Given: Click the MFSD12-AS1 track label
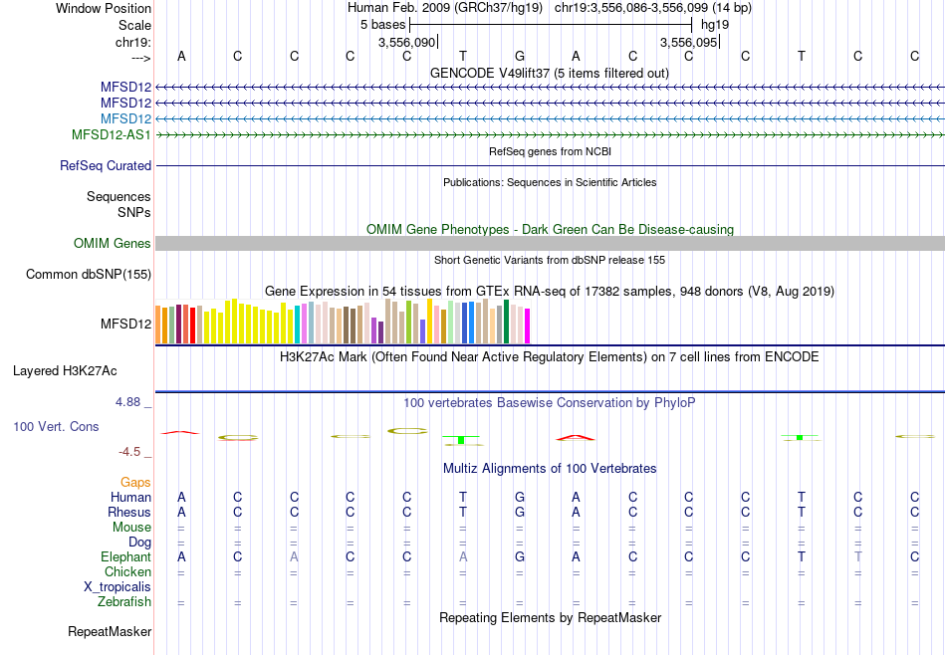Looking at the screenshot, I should pyautogui.click(x=112, y=134).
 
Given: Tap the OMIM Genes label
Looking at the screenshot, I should pyautogui.click(x=113, y=243).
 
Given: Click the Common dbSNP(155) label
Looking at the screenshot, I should pyautogui.click(x=89, y=274).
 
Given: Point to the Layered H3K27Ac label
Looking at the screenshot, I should pyautogui.click(x=65, y=371).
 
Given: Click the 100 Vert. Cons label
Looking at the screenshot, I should pyautogui.click(x=56, y=426).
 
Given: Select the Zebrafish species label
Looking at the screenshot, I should pyautogui.click(x=124, y=602).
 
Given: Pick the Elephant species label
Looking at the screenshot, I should pyautogui.click(x=125, y=557).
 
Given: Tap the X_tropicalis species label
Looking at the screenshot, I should pyautogui.click(x=118, y=587).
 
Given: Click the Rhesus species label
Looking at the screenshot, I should pyautogui.click(x=129, y=512).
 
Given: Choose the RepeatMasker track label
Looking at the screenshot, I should pyautogui.click(x=110, y=632).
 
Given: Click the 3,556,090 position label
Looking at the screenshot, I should pyautogui.click(x=407, y=43).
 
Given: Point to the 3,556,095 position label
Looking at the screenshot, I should pyautogui.click(x=688, y=43).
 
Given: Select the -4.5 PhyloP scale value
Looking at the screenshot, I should pyautogui.click(x=129, y=451).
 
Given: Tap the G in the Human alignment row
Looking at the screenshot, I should pyautogui.click(x=520, y=497).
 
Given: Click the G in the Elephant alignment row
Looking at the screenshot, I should pyautogui.click(x=520, y=557).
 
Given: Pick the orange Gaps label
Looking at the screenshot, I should pyautogui.click(x=135, y=482).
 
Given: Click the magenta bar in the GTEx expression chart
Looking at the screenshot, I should pyautogui.click(x=527, y=327).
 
